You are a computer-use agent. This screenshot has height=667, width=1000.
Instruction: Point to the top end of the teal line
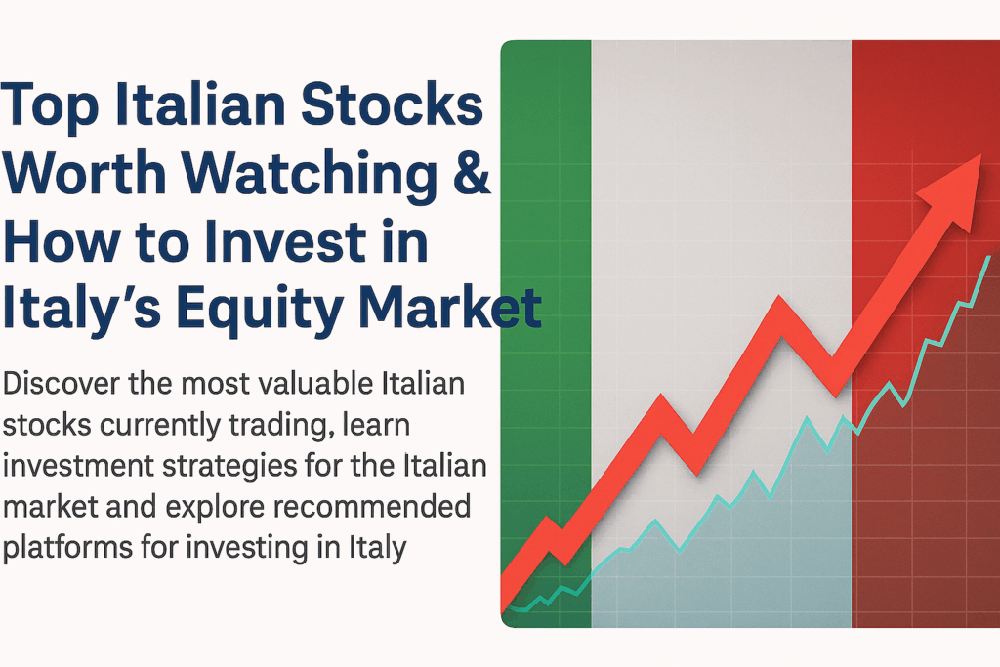tap(989, 256)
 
